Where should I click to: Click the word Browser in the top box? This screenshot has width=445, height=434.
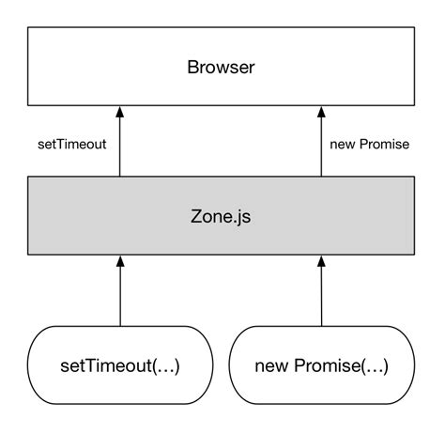point(222,68)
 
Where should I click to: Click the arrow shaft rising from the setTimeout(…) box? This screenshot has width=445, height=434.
point(120,296)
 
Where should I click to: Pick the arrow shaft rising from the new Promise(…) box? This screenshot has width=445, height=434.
point(322,296)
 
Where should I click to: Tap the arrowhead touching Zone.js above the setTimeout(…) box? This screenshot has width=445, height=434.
point(120,260)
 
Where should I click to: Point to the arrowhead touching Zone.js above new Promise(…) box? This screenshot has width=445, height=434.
point(322,260)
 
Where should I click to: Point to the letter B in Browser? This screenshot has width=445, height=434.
point(192,68)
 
